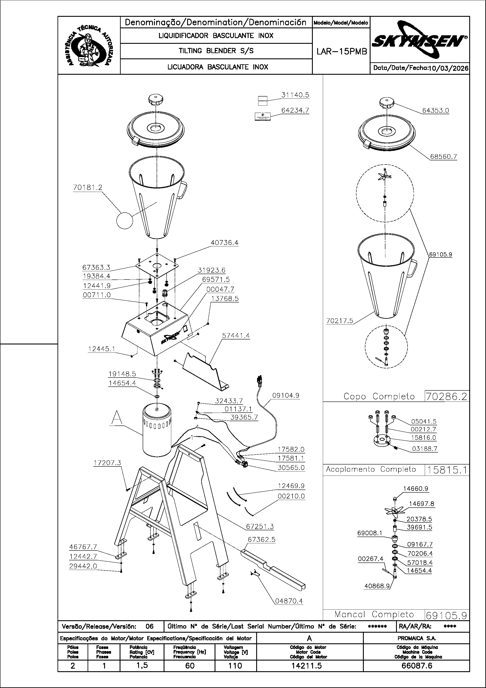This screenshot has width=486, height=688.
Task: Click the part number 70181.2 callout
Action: (x=88, y=188)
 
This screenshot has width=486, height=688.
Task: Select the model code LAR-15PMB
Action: (x=342, y=52)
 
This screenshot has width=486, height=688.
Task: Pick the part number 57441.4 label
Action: (x=236, y=336)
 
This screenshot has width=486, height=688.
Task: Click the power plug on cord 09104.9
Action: (x=259, y=381)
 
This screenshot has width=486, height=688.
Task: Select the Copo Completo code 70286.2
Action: (x=446, y=397)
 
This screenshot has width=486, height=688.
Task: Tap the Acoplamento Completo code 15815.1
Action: (x=446, y=470)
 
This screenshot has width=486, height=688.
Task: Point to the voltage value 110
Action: (x=235, y=666)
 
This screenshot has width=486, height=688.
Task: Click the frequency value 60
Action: (x=190, y=666)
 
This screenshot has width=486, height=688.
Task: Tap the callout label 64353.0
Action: (x=435, y=111)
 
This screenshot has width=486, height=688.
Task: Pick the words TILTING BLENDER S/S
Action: (x=216, y=51)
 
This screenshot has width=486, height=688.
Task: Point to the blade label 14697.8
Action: (x=421, y=504)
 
